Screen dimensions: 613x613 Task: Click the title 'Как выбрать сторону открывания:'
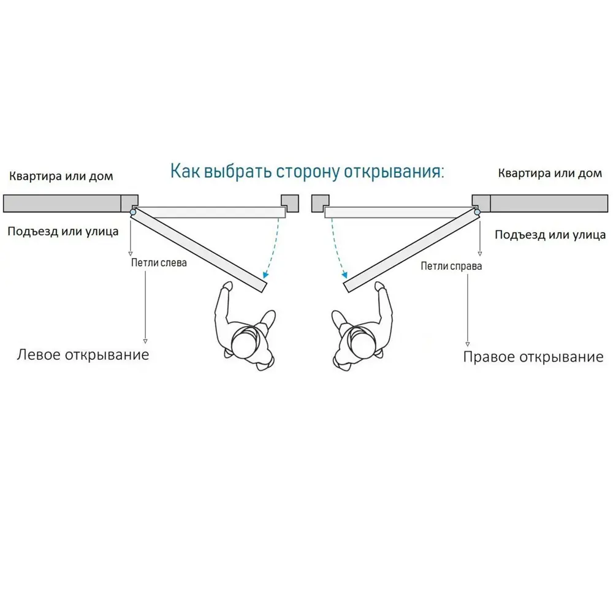pos(307,172)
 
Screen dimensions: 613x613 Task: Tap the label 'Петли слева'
pos(159,263)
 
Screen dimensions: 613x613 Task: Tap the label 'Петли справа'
pos(451,266)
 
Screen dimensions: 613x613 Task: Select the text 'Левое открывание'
pos(83,354)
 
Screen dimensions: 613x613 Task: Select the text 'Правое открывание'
pos(533,357)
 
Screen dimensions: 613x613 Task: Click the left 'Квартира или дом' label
pos(61,176)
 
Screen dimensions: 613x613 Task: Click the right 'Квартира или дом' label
pos(550,173)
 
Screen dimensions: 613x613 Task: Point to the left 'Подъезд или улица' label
pos(63,232)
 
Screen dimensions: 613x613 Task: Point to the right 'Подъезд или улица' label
pos(550,235)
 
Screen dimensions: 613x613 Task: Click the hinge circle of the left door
pos(133,212)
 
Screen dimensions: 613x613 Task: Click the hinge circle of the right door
pos(477,212)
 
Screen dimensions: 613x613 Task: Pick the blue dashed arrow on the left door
pos(275,248)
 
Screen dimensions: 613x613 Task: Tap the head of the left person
pos(246,343)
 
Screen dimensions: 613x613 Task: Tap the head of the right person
pos(364,343)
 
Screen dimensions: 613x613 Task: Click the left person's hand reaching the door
pos(227,286)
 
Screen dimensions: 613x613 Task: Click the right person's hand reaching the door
pos(380,286)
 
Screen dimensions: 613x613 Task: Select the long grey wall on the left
pos(62,204)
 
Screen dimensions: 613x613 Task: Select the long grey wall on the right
pos(549,204)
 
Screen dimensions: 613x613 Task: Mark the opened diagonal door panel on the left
pos(199,249)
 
